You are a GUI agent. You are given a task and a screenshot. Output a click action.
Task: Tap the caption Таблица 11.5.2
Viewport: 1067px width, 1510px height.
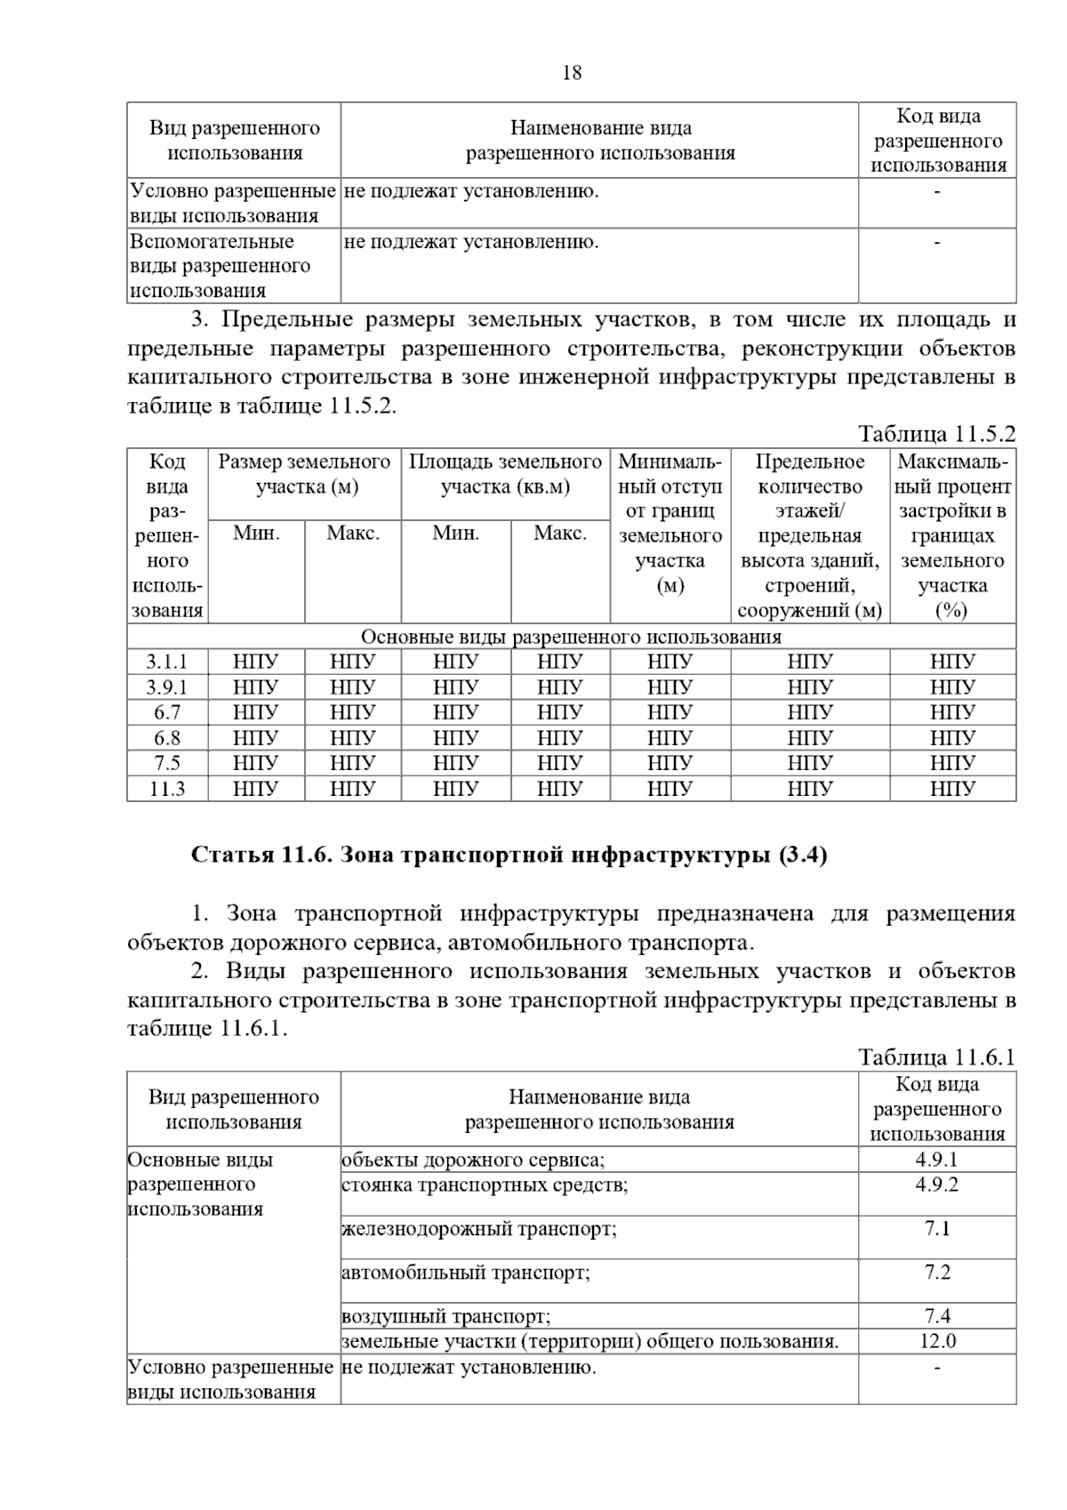click(x=936, y=434)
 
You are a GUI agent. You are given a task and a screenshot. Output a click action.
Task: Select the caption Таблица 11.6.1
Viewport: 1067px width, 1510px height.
click(x=936, y=1057)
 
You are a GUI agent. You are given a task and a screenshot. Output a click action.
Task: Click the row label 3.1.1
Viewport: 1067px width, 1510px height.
click(x=167, y=662)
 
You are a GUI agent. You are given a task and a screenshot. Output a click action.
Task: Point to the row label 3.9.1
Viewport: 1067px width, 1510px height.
click(x=167, y=687)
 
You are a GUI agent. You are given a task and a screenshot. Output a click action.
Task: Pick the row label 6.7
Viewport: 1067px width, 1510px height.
click(x=167, y=712)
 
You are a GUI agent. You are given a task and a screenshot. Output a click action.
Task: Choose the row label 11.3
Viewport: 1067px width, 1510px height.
click(x=167, y=789)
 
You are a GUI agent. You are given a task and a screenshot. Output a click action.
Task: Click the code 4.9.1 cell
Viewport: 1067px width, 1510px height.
click(x=936, y=1160)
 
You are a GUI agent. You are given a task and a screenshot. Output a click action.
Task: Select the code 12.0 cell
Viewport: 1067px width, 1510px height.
click(x=936, y=1341)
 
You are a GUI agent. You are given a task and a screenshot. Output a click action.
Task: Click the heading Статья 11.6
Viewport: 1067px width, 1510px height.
click(x=509, y=855)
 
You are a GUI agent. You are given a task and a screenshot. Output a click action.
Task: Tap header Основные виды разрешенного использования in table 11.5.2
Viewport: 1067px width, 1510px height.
click(x=571, y=637)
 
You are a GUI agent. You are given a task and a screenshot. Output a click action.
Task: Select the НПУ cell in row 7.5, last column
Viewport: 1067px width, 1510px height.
click(x=952, y=763)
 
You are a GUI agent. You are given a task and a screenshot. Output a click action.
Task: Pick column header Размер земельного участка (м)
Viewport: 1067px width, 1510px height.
click(x=304, y=474)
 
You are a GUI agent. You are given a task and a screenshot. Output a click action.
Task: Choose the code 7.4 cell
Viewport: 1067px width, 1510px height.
click(x=936, y=1316)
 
